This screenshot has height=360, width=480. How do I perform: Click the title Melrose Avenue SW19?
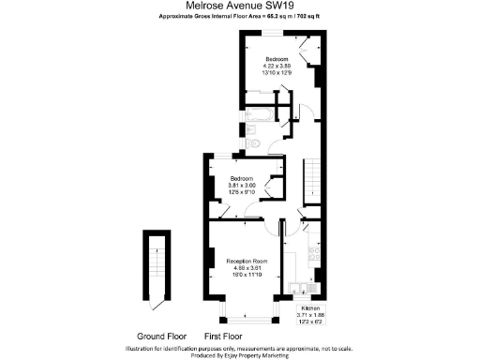coord(240,6)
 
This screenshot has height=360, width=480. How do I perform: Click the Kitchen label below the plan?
coord(308,307)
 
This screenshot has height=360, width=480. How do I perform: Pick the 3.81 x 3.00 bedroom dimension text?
coord(242,186)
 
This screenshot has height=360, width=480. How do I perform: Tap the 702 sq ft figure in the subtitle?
coord(307,17)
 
